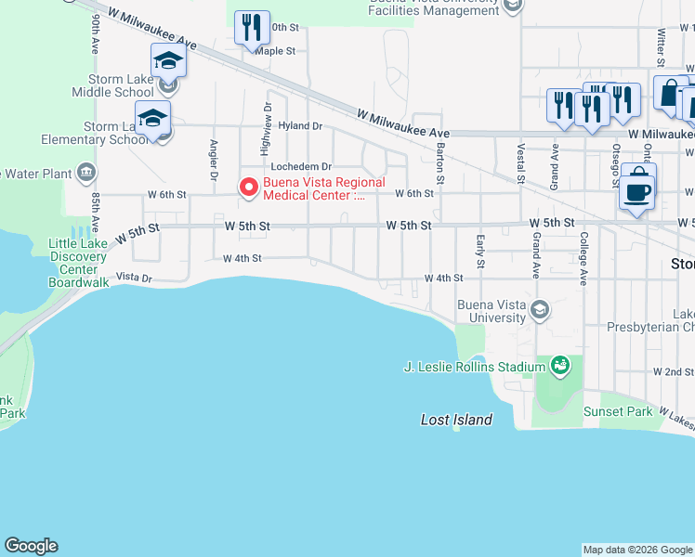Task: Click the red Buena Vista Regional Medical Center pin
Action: click(249, 188)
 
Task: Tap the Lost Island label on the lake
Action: click(456, 421)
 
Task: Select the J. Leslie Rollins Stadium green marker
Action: click(559, 367)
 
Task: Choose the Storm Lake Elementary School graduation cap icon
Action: click(152, 118)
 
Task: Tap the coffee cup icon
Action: click(636, 191)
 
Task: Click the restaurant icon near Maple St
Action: click(251, 28)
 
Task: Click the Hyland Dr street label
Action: click(300, 126)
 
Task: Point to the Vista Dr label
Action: click(134, 278)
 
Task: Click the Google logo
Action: click(31, 546)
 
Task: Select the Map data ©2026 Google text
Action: click(637, 550)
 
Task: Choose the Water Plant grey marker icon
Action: click(86, 172)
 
